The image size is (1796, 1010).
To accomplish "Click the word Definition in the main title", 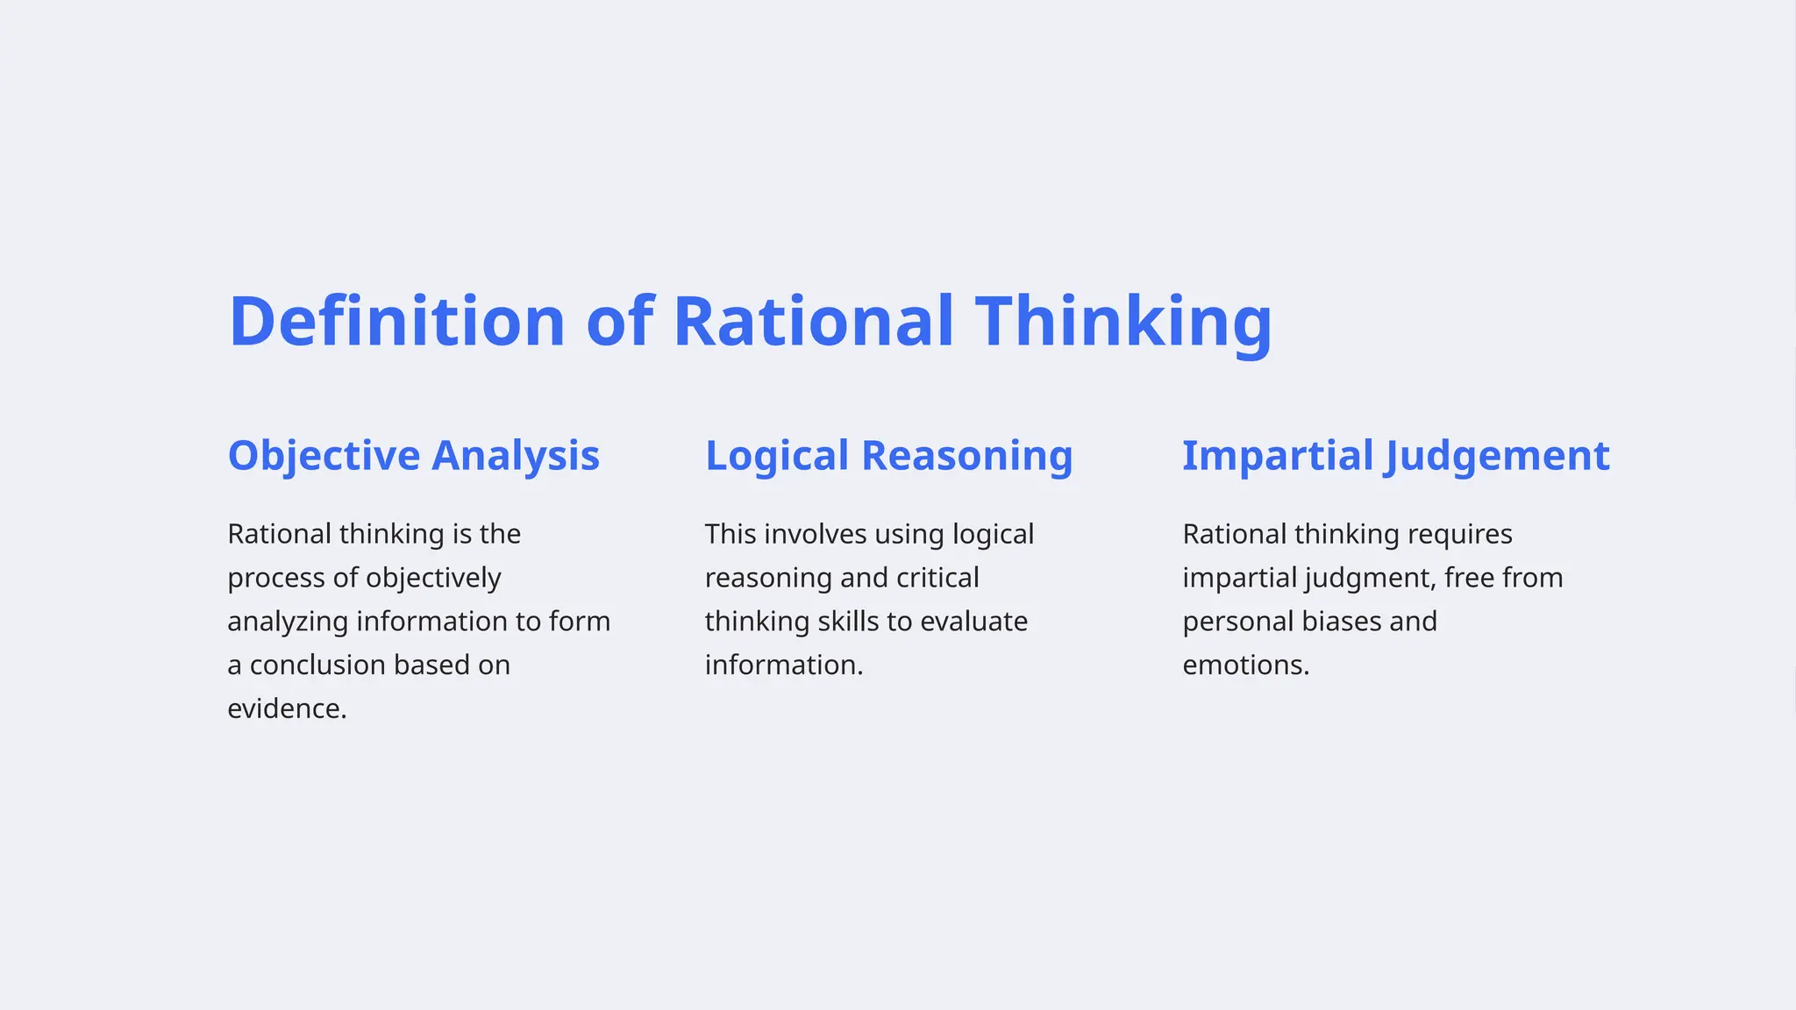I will (x=396, y=322).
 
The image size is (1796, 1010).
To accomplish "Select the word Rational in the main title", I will (x=813, y=322).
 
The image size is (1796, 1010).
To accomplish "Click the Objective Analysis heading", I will (x=413, y=456).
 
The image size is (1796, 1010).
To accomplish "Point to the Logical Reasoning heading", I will (x=888, y=456).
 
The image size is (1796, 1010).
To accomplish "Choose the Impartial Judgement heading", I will (x=1395, y=456).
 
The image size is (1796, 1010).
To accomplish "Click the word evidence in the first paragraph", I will (x=286, y=708).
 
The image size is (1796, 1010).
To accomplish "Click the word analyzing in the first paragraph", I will (x=288, y=622).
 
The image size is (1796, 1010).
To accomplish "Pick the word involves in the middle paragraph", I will (x=815, y=534).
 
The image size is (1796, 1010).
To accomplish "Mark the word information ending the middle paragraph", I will (x=782, y=665).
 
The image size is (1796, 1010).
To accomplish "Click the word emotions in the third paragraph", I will (x=1244, y=665).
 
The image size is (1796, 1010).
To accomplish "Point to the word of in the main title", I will (x=619, y=322).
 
